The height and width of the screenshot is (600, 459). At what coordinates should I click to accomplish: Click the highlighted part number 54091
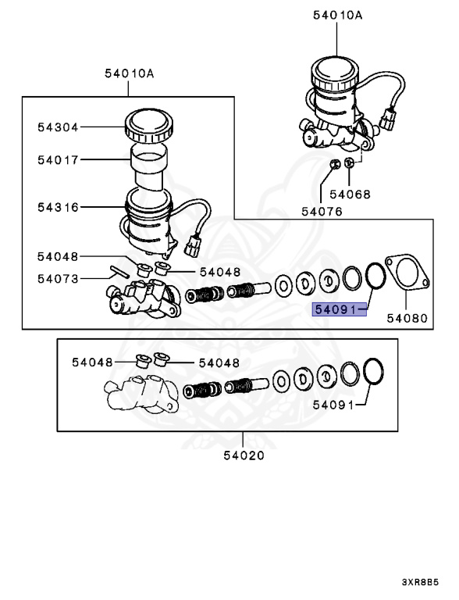coord(336,309)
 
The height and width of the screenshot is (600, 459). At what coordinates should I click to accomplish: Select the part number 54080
coord(407,318)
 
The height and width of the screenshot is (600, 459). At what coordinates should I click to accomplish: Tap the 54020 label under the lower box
coord(244,455)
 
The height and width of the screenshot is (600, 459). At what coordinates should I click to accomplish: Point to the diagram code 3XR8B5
coord(420,582)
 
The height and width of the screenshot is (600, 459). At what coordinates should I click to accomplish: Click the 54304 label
coord(58,127)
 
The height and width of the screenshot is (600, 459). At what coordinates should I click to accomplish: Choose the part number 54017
coord(58,159)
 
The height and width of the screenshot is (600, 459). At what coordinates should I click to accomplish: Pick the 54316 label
coord(58,207)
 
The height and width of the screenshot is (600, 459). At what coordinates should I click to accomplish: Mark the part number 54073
coord(58,279)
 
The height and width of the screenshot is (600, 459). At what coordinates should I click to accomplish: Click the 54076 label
coord(322,211)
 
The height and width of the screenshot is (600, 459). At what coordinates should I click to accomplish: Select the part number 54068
coord(350,195)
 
